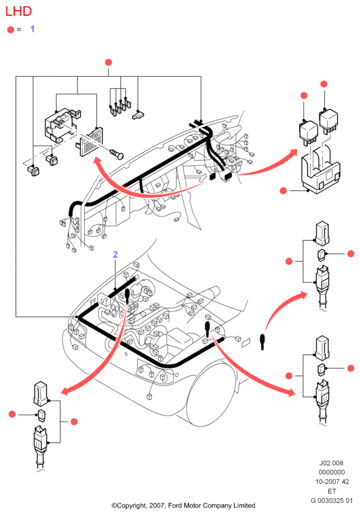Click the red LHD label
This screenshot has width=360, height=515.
point(18,11)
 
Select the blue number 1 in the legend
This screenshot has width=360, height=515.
point(32,29)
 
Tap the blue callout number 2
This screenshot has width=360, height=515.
point(115,255)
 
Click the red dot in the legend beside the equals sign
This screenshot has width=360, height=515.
point(11,30)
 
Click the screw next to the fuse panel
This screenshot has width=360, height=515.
point(116,153)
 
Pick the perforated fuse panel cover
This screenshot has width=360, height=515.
point(90,142)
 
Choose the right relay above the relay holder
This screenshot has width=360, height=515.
point(328,122)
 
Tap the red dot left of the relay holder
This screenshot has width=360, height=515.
point(283,190)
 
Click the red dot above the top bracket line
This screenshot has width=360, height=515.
point(108,63)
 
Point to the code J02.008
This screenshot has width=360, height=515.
point(331,463)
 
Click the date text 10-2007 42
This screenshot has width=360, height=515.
point(332,482)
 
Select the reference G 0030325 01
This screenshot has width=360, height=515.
point(332,501)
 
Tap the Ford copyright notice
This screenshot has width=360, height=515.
point(183,506)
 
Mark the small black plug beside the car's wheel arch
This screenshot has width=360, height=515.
point(262,342)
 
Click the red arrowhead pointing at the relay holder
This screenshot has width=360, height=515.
point(293,154)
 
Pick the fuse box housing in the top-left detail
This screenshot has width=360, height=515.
point(63,126)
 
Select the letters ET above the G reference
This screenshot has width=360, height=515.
point(332,491)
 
